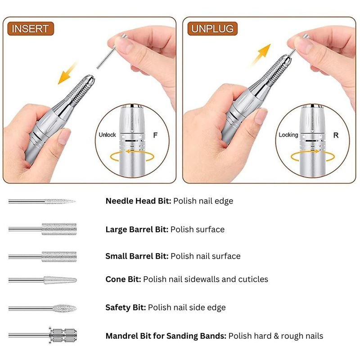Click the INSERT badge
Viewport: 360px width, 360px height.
31,29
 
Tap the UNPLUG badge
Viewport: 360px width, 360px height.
212,29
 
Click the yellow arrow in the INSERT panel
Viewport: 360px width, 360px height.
67,73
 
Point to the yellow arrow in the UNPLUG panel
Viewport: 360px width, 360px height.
261,54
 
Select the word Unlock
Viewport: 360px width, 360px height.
107,135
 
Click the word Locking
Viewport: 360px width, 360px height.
288,135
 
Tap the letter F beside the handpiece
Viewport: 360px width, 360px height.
155,135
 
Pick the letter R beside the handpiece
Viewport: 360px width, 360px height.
336,135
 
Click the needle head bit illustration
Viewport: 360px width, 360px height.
42,201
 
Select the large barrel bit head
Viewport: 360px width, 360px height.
59,229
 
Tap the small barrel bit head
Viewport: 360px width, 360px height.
59,256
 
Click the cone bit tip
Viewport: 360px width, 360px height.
76,280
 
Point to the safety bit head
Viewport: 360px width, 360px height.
64,308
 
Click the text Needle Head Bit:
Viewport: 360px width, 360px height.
139,201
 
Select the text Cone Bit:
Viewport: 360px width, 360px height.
123,279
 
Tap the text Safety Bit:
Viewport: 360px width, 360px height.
126,307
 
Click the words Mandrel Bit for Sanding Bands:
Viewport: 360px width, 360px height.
166,336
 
